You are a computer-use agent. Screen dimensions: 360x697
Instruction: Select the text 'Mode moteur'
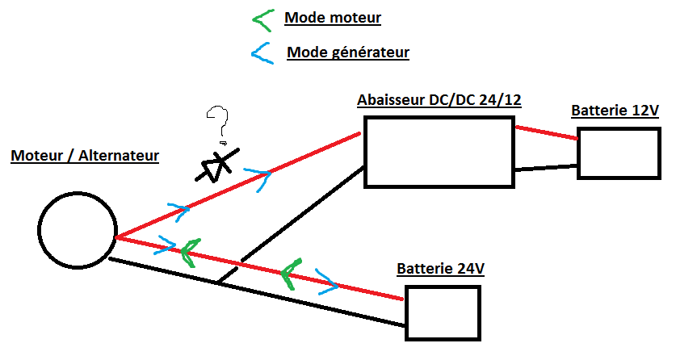tap(332, 17)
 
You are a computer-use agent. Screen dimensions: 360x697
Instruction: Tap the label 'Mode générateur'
tap(348, 53)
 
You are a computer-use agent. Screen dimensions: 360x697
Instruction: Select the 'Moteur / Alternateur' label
tap(85, 155)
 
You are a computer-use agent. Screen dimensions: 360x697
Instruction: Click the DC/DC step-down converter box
tap(438, 152)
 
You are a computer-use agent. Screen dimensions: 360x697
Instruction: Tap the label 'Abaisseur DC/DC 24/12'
tap(439, 100)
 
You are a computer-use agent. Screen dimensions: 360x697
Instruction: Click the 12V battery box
tap(619, 153)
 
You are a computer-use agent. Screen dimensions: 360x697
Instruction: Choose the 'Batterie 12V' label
tap(615, 111)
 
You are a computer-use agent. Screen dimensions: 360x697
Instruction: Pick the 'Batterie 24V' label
tap(440, 268)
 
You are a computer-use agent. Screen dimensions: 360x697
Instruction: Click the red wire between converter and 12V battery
tap(545, 132)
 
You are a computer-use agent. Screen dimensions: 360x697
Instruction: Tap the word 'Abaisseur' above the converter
tap(389, 100)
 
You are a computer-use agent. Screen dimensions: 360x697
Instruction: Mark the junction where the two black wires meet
tap(219, 283)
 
